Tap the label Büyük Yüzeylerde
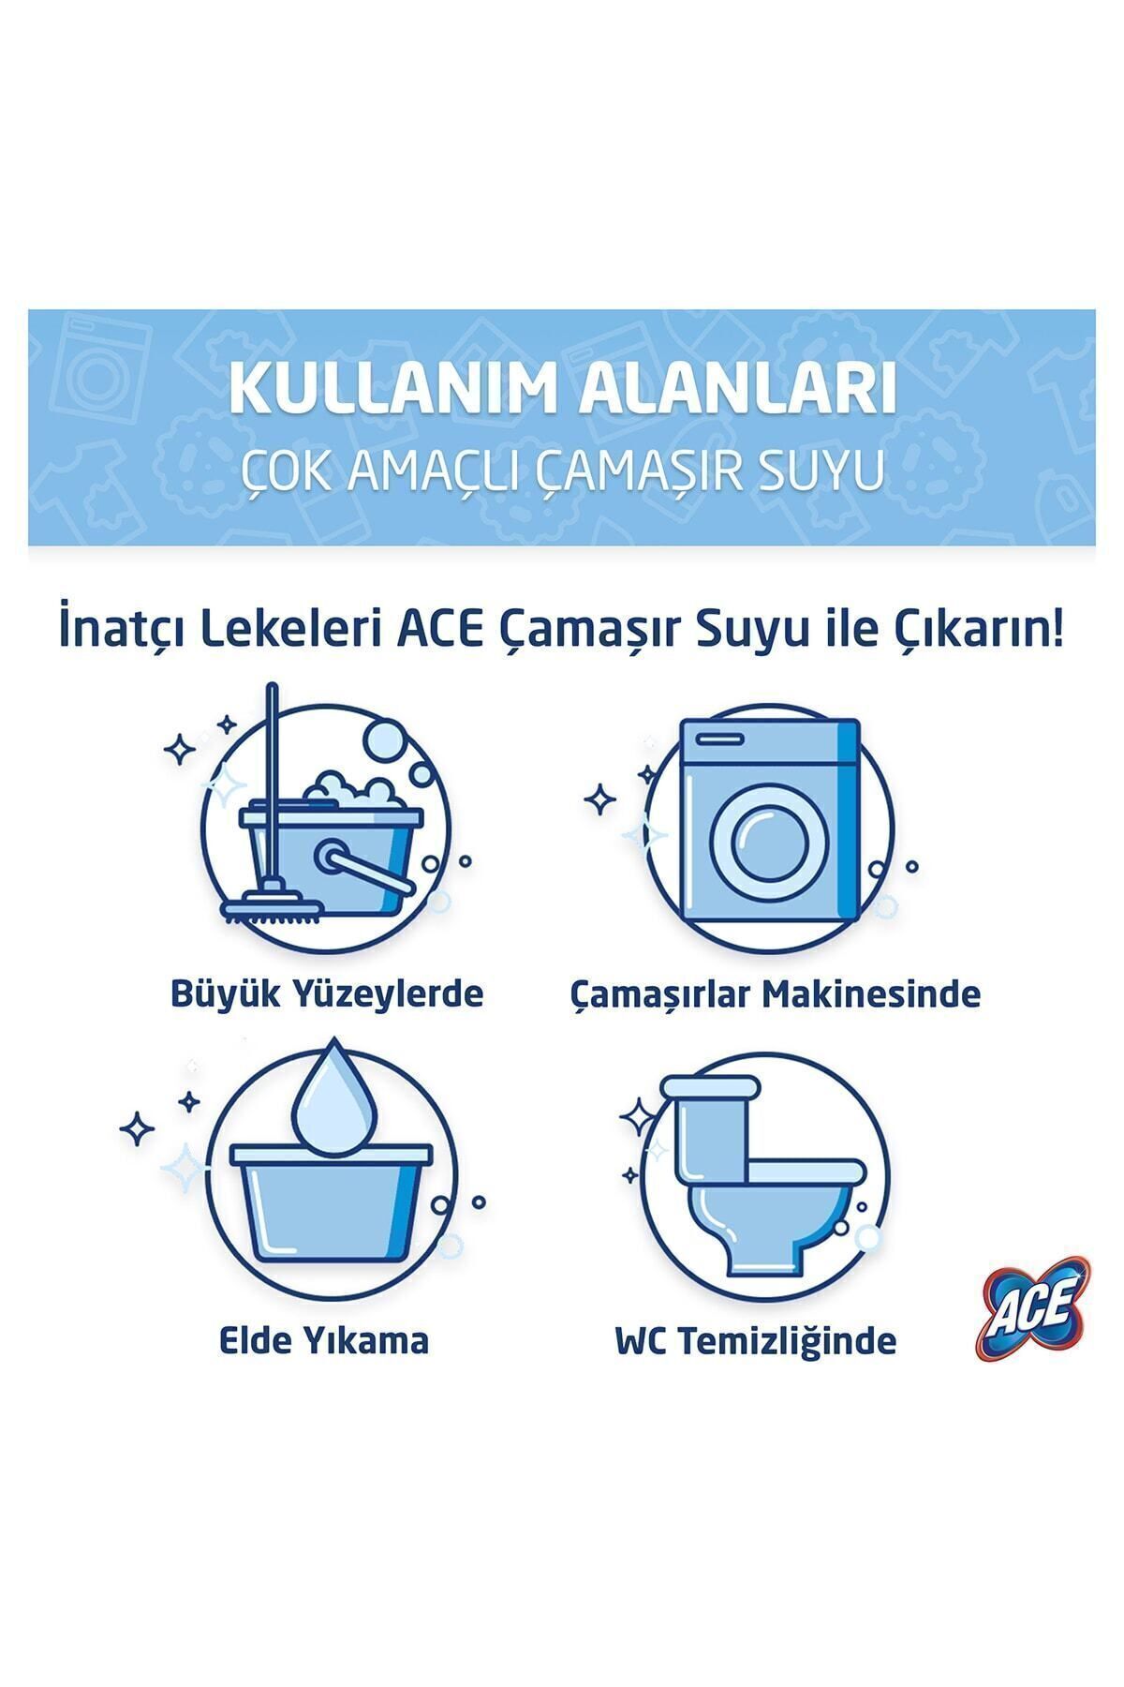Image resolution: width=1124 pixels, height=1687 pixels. [327, 993]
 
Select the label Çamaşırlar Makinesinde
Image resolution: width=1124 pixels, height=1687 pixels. [775, 993]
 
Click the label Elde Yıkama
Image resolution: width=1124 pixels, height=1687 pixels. [324, 1340]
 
